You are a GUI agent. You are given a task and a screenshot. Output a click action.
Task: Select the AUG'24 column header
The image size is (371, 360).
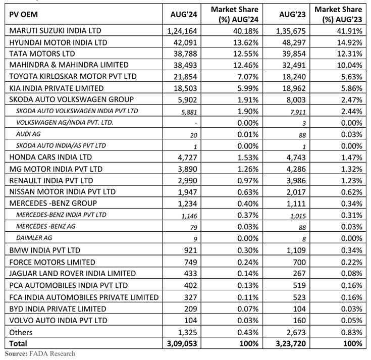tap(184, 14)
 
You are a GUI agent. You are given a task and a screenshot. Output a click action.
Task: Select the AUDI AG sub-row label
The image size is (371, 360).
tap(30, 134)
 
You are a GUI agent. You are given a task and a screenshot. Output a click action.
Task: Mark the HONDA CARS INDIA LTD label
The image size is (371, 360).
tap(48, 157)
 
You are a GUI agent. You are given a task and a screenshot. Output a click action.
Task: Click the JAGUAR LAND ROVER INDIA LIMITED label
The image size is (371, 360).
tap(73, 273)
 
